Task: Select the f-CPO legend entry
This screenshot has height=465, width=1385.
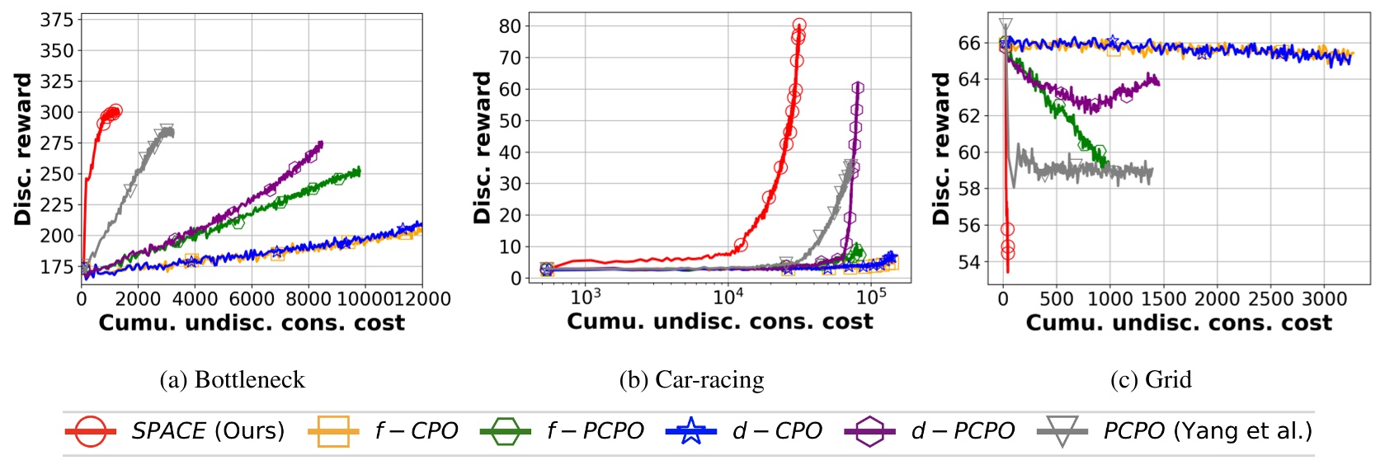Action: [416, 430]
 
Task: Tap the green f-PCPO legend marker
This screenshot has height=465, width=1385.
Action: [506, 430]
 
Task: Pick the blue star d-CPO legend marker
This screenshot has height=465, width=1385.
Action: [691, 430]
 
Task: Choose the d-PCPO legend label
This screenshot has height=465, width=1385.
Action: [963, 430]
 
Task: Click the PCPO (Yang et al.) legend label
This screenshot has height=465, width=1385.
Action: [1207, 430]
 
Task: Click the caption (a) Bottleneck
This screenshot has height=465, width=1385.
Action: [232, 379]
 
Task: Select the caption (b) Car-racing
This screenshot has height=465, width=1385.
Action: [691, 379]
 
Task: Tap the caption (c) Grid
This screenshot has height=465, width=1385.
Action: [1151, 379]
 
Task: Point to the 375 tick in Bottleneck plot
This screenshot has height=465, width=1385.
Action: [57, 20]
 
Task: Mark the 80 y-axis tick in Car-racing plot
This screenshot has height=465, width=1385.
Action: [510, 26]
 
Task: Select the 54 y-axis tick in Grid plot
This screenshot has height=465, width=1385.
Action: [968, 262]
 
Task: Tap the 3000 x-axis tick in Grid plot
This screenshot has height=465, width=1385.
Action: [1324, 298]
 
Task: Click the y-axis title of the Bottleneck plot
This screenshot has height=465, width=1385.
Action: [23, 148]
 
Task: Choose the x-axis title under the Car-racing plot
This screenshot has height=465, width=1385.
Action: [719, 322]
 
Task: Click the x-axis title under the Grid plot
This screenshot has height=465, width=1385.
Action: [1179, 322]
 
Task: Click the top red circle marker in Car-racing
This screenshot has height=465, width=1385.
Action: [798, 26]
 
